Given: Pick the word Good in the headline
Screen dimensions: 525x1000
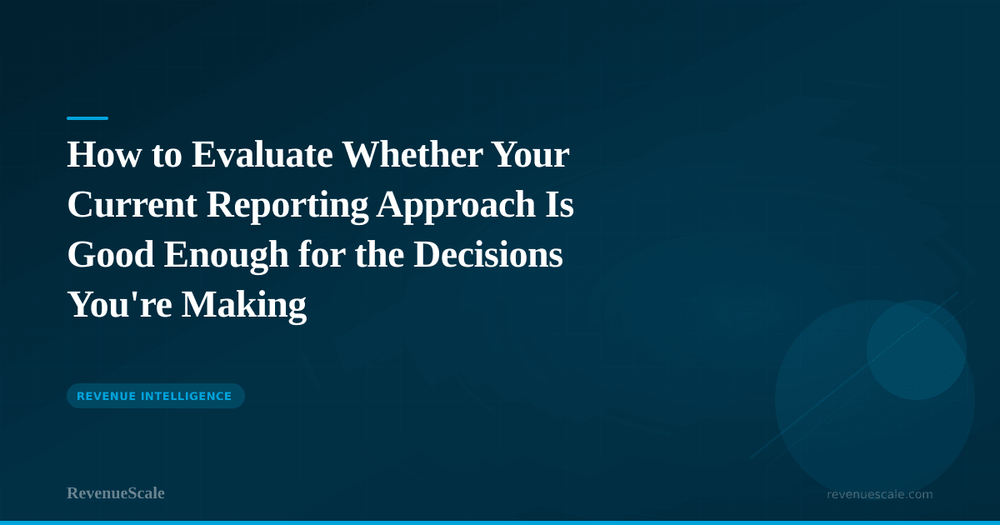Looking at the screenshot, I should [x=110, y=256].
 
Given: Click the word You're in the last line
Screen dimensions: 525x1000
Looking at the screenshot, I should [x=119, y=305].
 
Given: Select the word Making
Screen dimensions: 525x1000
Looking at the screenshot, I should [x=245, y=305].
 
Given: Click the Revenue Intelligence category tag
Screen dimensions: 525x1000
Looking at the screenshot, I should [x=155, y=396].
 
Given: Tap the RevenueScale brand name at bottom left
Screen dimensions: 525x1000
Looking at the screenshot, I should [x=116, y=493].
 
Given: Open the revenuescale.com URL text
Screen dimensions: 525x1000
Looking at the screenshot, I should [x=879, y=494].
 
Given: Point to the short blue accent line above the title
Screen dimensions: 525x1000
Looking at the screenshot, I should [x=87, y=118].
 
